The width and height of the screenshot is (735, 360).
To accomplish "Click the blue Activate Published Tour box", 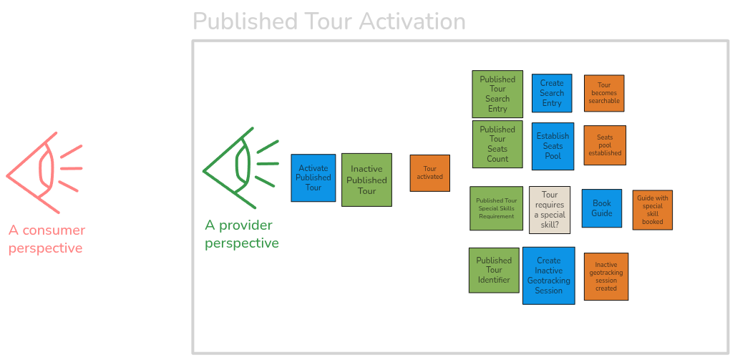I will [313, 178].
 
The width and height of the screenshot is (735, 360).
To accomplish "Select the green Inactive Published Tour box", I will [366, 180].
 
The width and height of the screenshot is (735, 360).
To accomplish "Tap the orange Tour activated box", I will [429, 173].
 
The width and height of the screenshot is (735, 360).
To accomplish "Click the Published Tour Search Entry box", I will [497, 94].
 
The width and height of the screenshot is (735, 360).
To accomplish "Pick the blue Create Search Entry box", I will [552, 93].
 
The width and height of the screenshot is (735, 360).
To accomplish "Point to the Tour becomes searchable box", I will [604, 93].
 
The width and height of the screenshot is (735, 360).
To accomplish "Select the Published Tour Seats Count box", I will [497, 145].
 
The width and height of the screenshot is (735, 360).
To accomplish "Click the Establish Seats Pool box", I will [553, 146].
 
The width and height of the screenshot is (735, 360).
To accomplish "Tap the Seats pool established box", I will [604, 146].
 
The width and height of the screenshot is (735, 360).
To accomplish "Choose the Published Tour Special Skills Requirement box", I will [496, 208].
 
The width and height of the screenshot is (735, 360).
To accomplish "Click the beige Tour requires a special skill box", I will [550, 210].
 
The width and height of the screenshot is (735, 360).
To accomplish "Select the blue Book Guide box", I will [601, 208].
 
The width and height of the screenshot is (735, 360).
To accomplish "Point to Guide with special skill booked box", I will [652, 210].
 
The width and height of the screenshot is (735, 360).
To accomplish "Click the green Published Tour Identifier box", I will [494, 271].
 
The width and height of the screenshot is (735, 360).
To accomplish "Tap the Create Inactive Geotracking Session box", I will [549, 276].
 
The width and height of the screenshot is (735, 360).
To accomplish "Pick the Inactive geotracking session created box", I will [605, 276].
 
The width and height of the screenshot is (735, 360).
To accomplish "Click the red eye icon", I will [43, 172].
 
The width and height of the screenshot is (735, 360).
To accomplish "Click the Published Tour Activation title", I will [329, 21].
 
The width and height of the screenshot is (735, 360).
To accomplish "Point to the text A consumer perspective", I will [47, 240].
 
